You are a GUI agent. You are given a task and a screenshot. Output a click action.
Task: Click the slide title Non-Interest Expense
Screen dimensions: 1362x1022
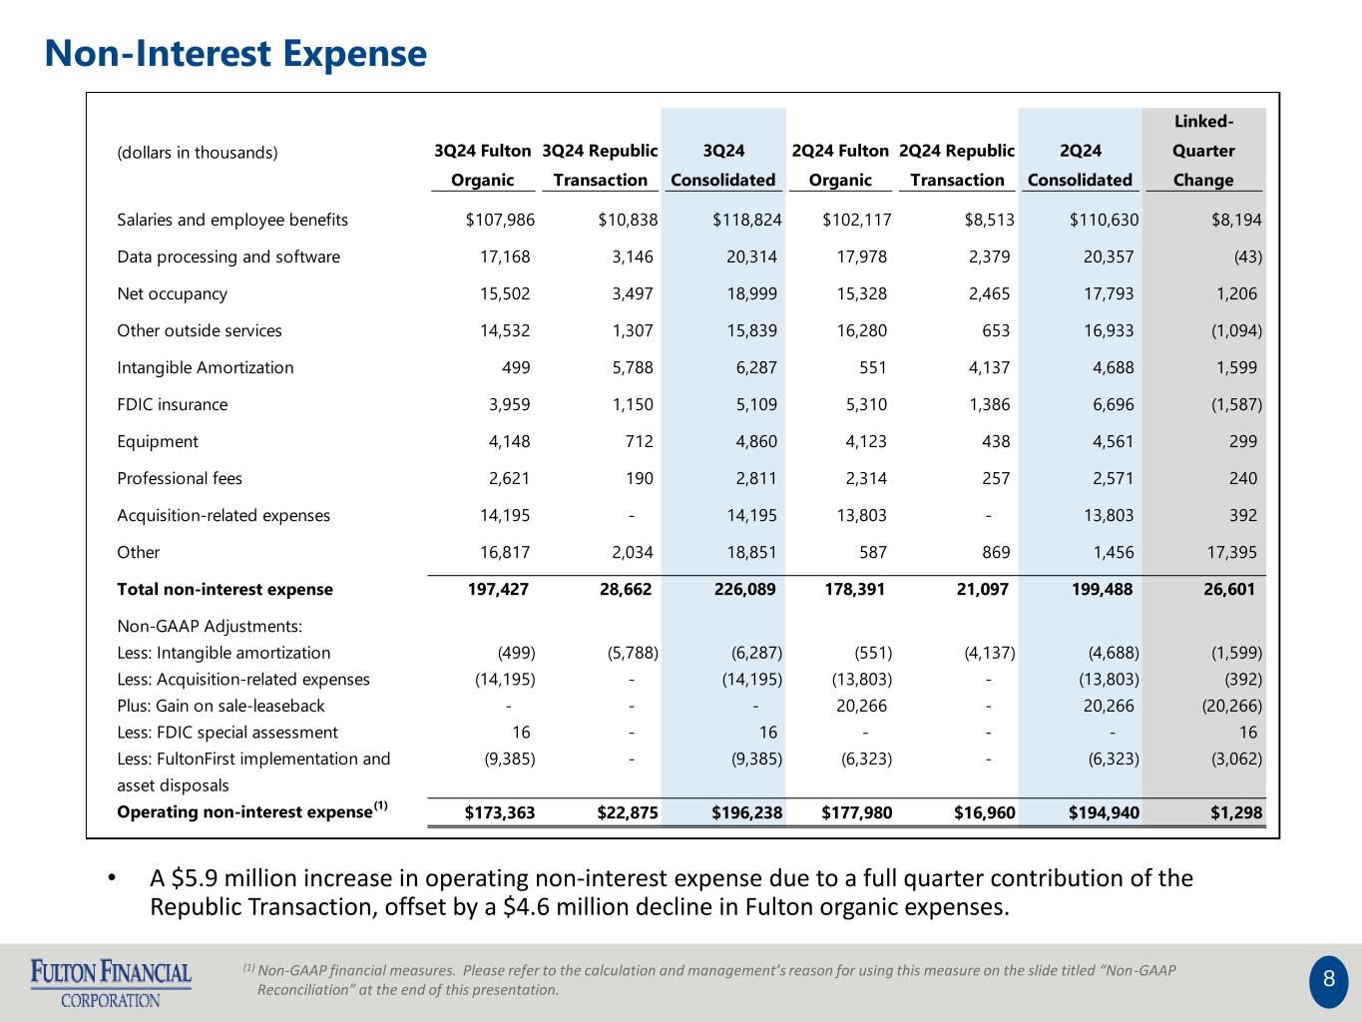[x=235, y=53]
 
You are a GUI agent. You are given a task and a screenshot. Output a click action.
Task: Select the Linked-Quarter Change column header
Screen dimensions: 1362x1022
[x=1203, y=150]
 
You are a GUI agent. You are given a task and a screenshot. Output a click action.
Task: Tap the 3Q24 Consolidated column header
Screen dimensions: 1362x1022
[x=722, y=165]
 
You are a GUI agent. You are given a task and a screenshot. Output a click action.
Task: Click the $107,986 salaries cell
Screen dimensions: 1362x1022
[x=500, y=220]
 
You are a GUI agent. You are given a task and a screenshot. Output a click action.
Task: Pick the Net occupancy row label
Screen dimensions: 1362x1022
[x=172, y=293]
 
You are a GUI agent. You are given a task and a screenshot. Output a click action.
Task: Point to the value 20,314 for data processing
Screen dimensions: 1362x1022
[x=751, y=256]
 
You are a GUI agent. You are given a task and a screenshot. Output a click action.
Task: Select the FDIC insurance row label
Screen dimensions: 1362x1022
[x=172, y=404]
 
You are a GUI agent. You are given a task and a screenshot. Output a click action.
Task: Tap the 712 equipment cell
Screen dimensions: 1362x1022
[x=640, y=441]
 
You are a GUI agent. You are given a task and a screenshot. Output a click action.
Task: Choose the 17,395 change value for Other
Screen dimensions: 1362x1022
[x=1231, y=552]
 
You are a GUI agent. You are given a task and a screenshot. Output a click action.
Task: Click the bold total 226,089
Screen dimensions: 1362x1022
[x=744, y=589]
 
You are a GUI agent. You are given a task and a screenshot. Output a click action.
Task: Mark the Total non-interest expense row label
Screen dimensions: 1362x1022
[x=225, y=589]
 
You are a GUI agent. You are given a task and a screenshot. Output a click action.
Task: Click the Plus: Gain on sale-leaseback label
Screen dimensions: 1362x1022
[x=221, y=706]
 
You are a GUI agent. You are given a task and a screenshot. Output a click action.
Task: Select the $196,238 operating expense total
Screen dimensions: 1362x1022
[x=746, y=812]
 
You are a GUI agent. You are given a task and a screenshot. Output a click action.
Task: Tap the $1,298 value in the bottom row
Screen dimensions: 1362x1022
[x=1236, y=812]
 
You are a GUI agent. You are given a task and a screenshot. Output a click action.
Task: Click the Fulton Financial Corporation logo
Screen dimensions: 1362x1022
[x=111, y=983]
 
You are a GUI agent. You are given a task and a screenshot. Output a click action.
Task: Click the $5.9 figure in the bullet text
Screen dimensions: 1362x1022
[x=195, y=878]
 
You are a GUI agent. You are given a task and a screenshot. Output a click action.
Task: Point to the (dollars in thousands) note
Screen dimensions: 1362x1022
[x=197, y=153]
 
